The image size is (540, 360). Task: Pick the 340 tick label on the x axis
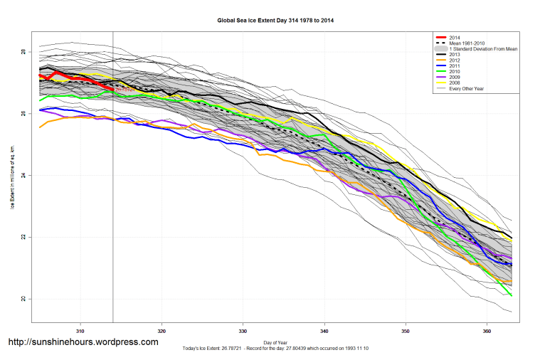pyautogui.click(x=324, y=331)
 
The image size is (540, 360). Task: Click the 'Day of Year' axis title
pyautogui.click(x=275, y=342)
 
